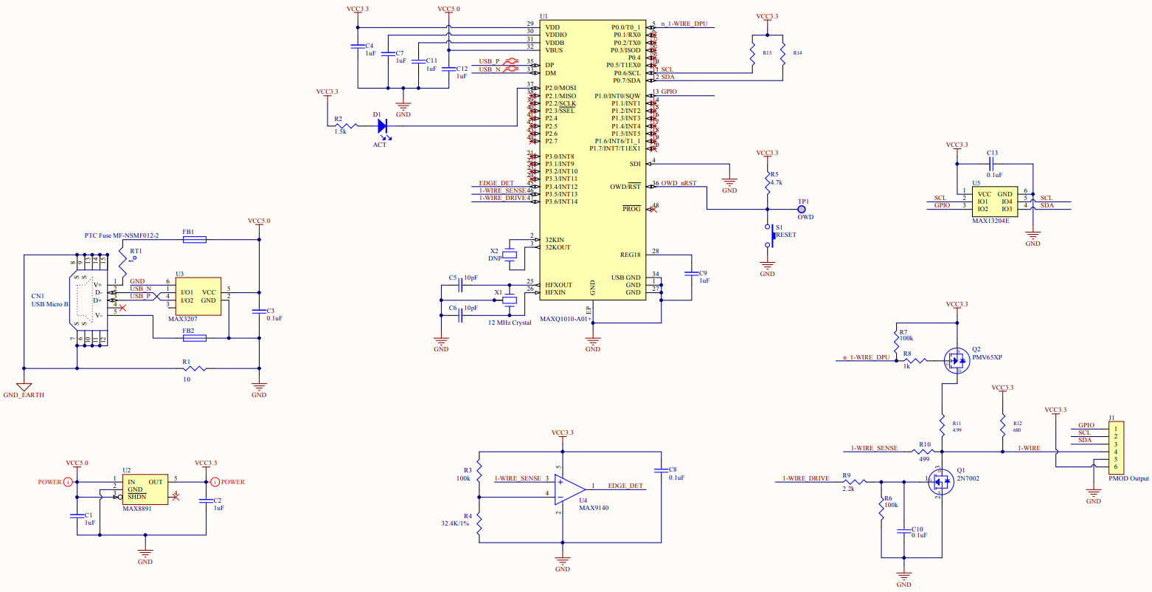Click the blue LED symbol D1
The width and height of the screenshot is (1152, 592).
[382, 126]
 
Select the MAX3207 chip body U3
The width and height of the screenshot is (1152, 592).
[198, 297]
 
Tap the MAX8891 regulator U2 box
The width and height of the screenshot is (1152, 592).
[145, 489]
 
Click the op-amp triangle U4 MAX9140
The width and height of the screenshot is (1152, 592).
[569, 489]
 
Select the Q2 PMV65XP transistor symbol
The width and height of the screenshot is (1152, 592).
[957, 359]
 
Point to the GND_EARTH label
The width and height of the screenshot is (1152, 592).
[24, 395]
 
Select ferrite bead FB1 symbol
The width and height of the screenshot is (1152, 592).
[194, 239]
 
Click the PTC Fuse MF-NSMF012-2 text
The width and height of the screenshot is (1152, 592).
[121, 235]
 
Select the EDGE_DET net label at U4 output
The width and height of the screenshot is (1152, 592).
[625, 486]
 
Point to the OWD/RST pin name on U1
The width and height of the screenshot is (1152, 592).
[625, 187]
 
